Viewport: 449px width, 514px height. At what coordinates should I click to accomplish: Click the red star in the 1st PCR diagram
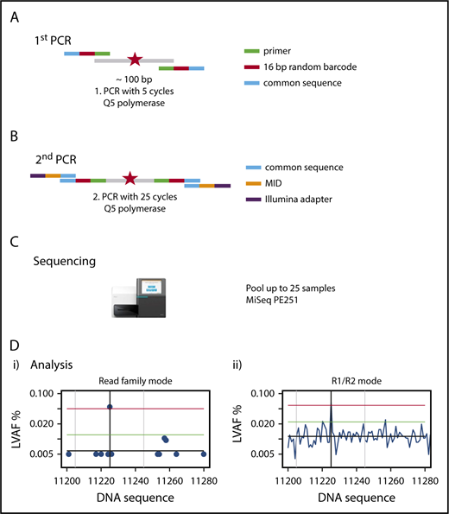coord(135,60)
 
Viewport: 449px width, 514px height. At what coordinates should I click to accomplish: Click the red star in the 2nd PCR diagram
coord(130,179)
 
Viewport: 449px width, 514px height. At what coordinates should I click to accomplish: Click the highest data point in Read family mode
coord(110,406)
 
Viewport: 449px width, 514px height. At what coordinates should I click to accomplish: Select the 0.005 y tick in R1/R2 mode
coord(262,454)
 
